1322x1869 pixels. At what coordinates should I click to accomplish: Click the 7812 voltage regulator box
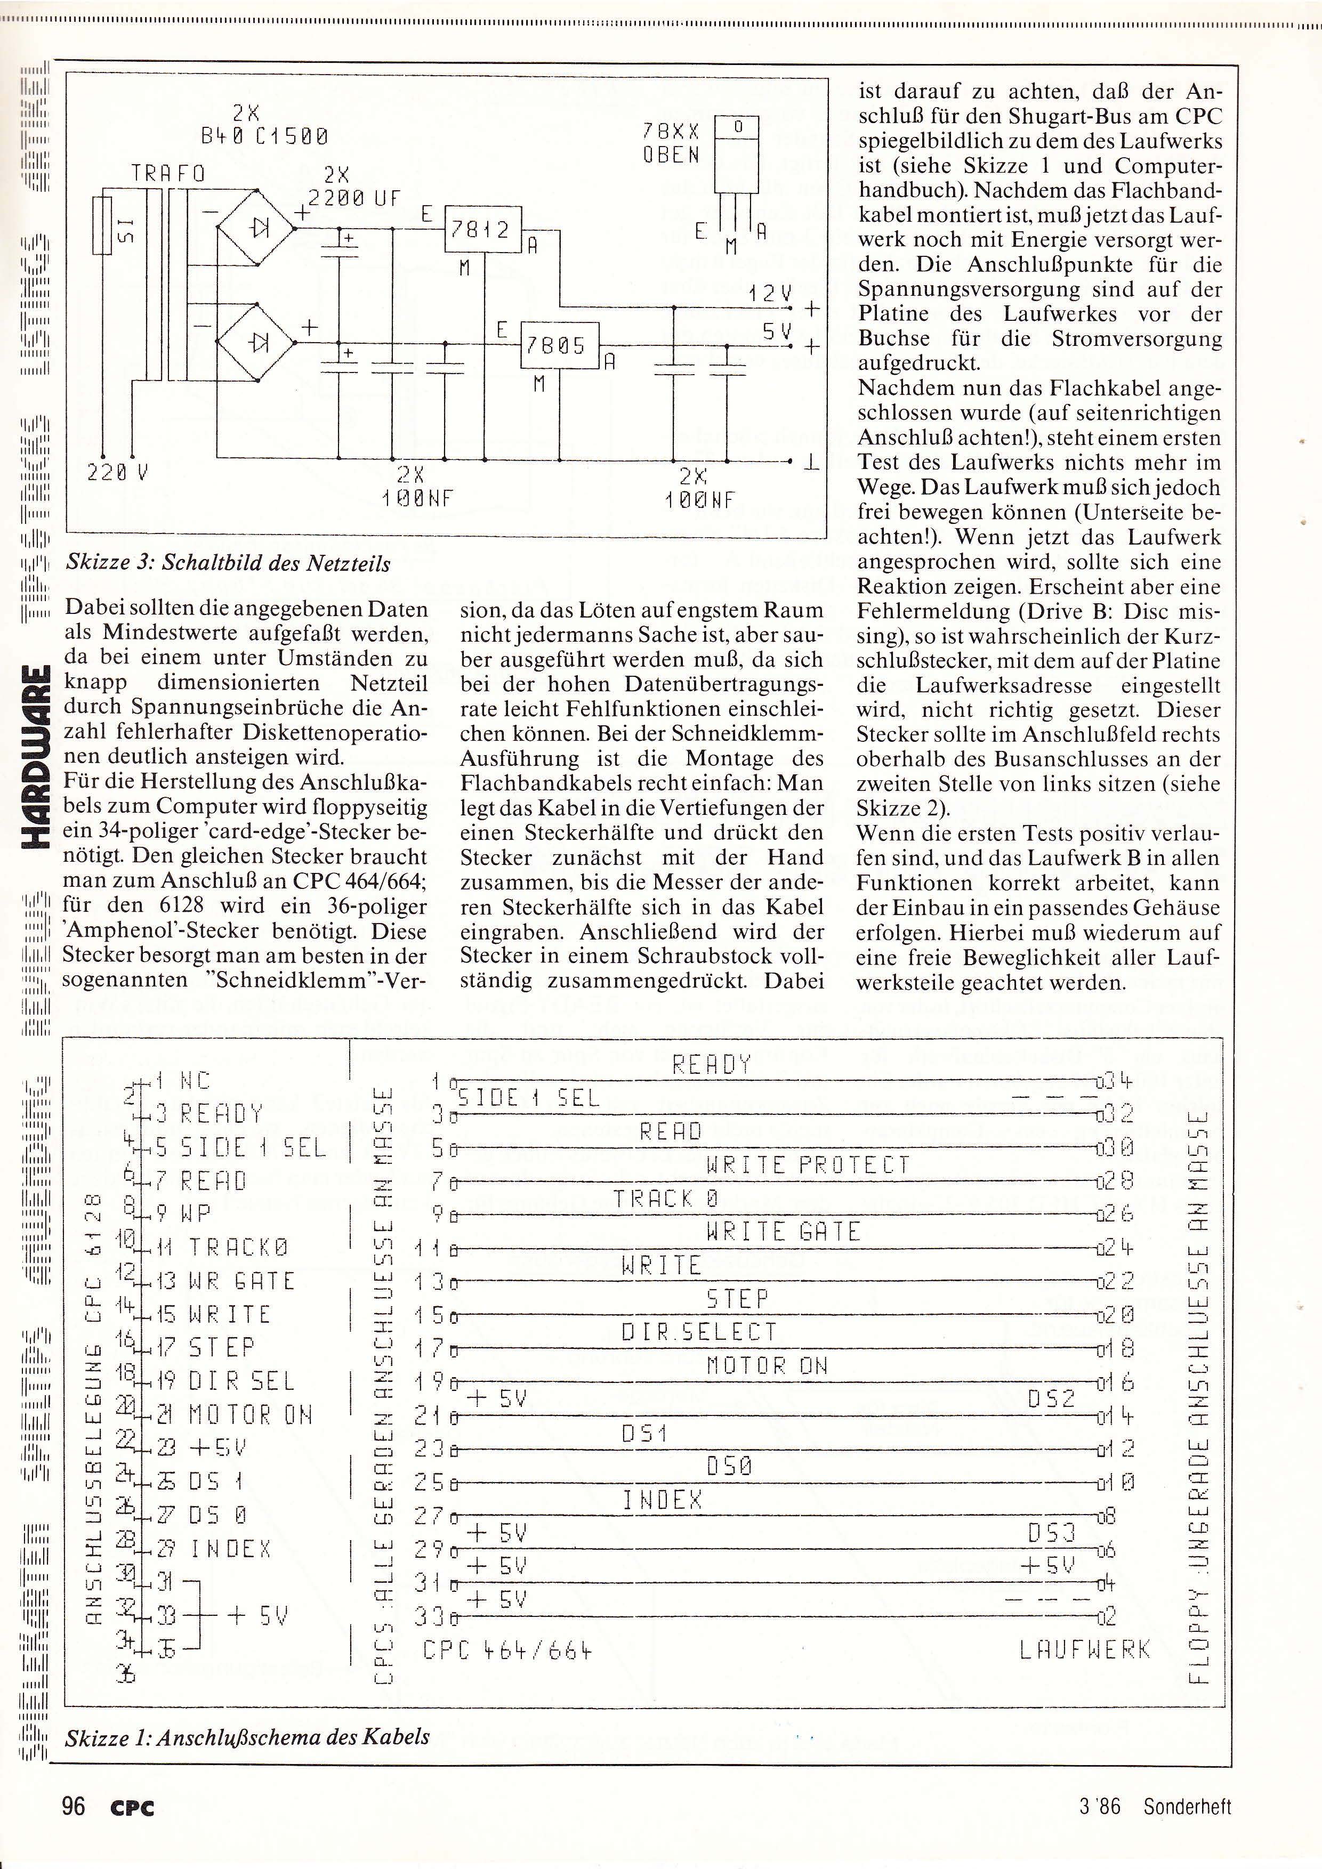(x=481, y=230)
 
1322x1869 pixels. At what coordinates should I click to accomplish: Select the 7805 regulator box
(x=559, y=345)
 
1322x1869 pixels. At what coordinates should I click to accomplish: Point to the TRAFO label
(x=168, y=174)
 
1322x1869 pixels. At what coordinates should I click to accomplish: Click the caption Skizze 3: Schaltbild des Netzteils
(x=228, y=563)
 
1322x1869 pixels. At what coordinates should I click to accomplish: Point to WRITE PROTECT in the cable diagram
(x=808, y=1166)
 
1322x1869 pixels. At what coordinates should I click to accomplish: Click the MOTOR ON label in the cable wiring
(x=767, y=1366)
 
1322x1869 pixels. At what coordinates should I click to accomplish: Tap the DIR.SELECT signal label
(x=698, y=1332)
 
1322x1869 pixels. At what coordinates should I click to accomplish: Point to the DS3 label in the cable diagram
(x=1052, y=1534)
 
